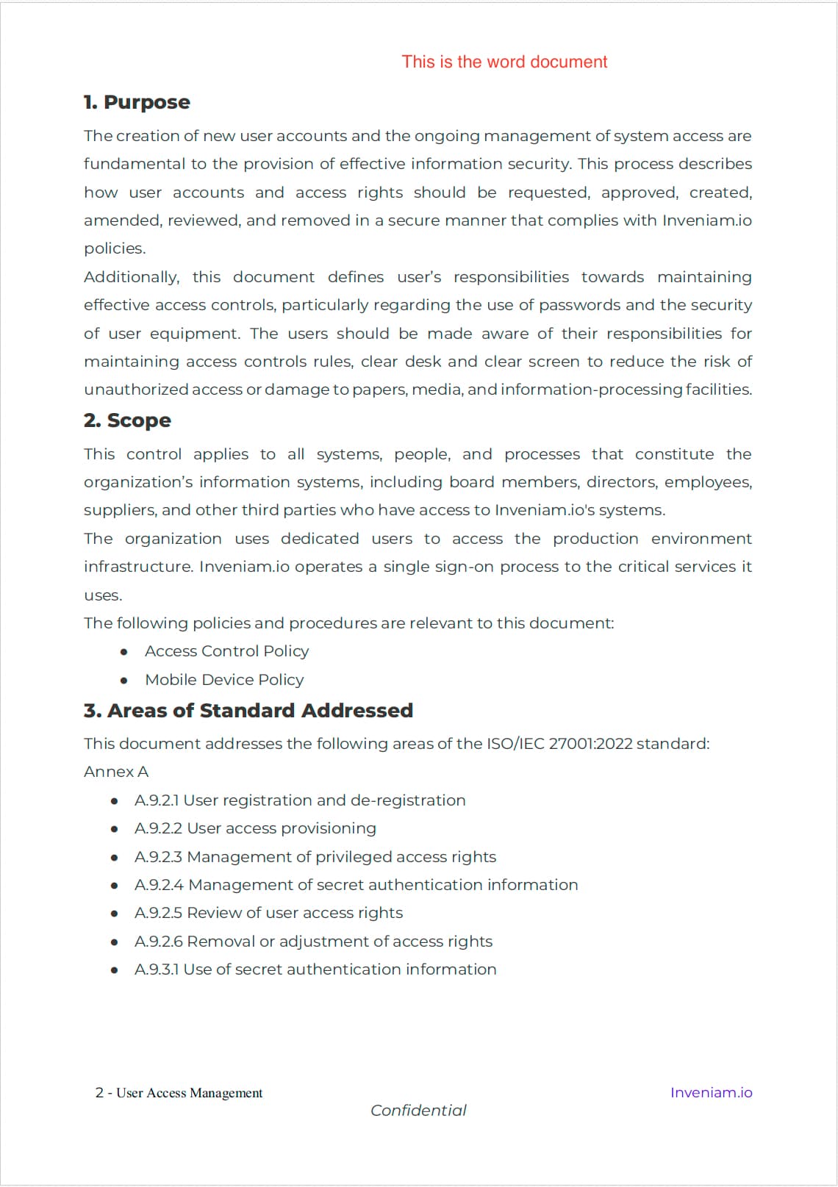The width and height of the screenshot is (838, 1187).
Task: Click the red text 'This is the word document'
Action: point(504,62)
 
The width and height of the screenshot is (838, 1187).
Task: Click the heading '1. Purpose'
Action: point(137,102)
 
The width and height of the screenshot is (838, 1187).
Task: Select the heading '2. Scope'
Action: point(127,420)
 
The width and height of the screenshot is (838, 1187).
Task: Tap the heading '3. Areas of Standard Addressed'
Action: point(248,711)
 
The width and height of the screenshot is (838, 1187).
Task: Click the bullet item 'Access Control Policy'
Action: point(226,651)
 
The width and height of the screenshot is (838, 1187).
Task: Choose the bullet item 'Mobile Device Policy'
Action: point(224,680)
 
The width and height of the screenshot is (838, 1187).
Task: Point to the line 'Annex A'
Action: point(116,772)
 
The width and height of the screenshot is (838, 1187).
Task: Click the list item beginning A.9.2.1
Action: point(300,800)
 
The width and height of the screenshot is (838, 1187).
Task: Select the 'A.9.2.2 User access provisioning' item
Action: point(255,828)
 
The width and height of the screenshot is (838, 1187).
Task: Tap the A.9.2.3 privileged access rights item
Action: point(315,857)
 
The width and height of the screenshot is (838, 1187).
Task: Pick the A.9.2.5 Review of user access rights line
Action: point(268,913)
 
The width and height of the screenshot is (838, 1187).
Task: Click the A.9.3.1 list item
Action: point(315,969)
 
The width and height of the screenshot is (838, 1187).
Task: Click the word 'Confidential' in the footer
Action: point(418,1111)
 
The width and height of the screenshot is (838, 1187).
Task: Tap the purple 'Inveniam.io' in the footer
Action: point(711,1093)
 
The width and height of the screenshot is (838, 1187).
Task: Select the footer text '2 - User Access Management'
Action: point(179,1093)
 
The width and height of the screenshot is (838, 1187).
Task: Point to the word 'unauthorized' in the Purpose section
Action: point(136,390)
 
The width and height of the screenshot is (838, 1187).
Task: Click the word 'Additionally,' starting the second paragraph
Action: point(132,277)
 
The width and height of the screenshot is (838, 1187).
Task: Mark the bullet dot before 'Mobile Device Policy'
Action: point(124,681)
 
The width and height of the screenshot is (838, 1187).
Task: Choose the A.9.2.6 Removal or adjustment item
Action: point(313,942)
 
